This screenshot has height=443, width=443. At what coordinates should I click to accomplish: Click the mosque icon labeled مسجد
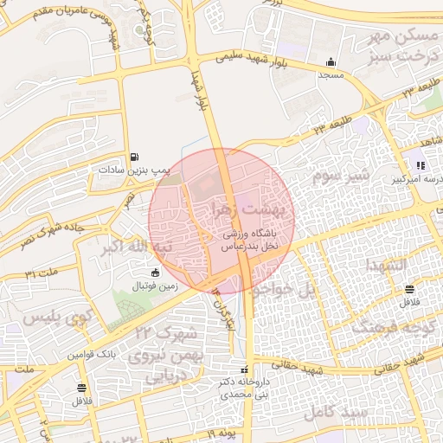click(330, 62)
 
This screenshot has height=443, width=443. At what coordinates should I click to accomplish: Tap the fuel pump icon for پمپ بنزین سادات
click(133, 157)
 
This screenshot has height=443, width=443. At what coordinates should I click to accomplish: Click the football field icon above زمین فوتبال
click(155, 273)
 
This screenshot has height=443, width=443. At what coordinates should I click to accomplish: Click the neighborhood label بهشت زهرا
click(254, 209)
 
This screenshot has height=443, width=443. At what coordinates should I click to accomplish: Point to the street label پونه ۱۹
click(221, 431)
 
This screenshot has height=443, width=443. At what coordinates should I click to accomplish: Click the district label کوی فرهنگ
click(389, 329)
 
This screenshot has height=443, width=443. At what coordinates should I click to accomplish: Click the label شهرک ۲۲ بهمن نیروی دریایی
click(164, 355)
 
